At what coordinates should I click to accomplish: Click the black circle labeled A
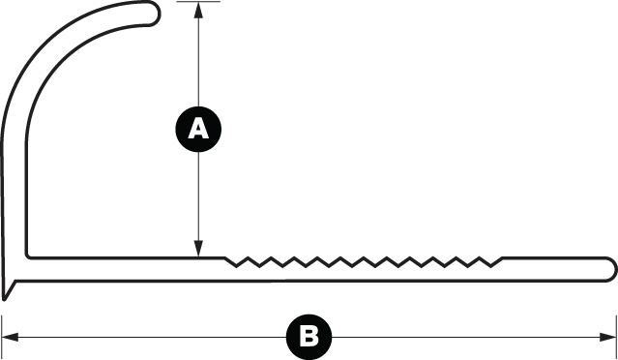point(198,129)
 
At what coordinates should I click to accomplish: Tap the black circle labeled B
point(309,337)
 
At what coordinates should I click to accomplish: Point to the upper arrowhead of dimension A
point(198,11)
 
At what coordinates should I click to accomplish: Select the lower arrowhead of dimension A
point(198,249)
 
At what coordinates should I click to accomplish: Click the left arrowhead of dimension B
point(11,337)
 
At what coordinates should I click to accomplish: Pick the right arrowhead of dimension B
point(607,337)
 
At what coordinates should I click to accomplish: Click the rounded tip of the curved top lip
point(155,14)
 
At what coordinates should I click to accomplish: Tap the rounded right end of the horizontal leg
point(610,270)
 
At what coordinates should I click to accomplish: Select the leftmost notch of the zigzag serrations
point(237,266)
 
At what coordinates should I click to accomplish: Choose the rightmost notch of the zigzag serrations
point(490,266)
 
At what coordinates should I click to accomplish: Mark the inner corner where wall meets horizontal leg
point(28,256)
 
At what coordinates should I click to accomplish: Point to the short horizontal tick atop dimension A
point(198,2)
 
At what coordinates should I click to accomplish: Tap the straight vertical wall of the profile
point(15,197)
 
